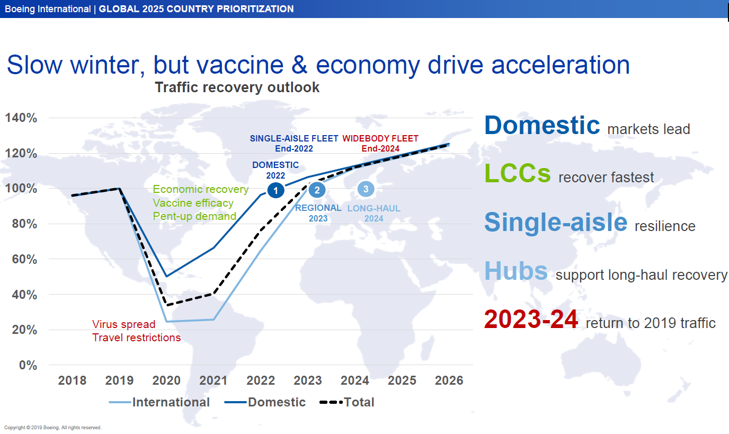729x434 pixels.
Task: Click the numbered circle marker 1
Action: [x=275, y=190]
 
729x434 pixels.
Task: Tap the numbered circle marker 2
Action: [x=317, y=190]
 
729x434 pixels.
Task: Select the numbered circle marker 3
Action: [x=366, y=189]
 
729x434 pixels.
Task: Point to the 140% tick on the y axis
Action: [x=21, y=118]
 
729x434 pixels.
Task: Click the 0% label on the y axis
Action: [x=28, y=365]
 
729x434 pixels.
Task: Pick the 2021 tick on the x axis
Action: [x=213, y=380]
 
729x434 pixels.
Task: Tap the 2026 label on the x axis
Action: [x=449, y=380]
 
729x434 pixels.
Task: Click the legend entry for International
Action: [x=159, y=402]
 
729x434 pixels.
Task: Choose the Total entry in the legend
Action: [x=347, y=402]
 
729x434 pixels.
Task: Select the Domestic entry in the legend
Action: [x=265, y=402]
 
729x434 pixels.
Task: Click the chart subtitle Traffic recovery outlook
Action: [x=237, y=87]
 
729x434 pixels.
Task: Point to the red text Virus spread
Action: [x=123, y=324]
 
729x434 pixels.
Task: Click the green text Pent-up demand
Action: [x=194, y=216]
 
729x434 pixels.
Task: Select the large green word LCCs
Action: [x=518, y=173]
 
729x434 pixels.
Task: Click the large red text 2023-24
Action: [x=531, y=319]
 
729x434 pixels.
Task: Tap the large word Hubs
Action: [x=516, y=270]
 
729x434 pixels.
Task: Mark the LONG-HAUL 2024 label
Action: [x=374, y=213]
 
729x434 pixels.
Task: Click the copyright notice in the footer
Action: [x=53, y=428]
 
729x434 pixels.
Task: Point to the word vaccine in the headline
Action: [x=240, y=65]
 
